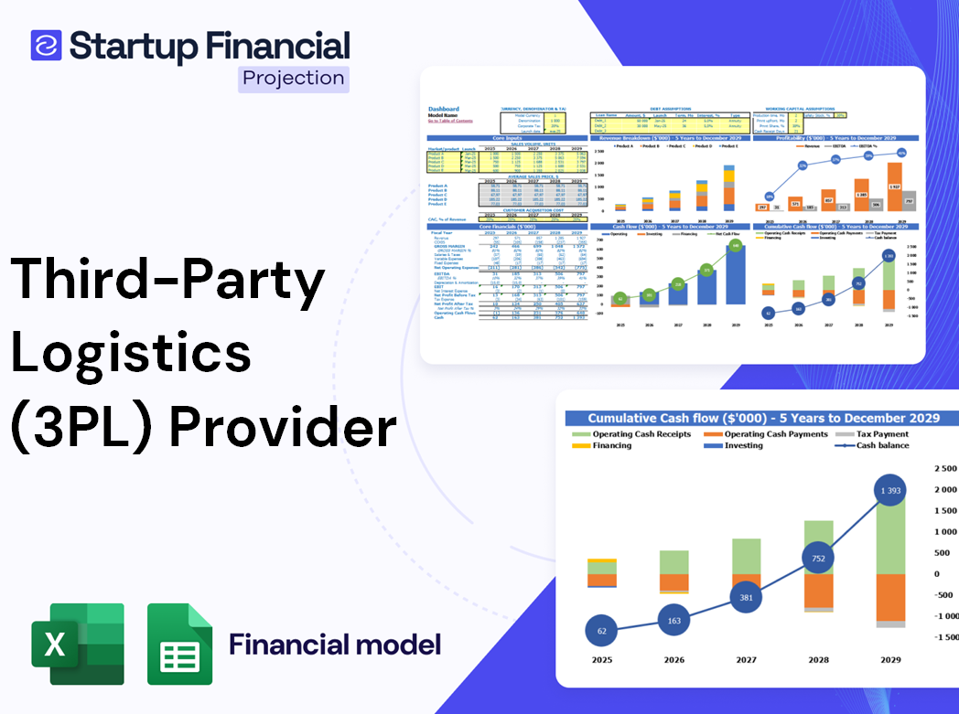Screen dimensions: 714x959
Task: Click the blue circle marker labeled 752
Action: click(817, 559)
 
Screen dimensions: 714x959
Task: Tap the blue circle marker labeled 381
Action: click(746, 597)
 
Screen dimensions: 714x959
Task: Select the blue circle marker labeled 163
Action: click(674, 621)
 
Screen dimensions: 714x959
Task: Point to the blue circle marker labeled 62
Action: click(601, 631)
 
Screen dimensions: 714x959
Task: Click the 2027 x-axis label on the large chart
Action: click(746, 660)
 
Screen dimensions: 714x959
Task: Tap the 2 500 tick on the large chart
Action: click(944, 468)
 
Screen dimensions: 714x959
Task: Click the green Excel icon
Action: click(77, 644)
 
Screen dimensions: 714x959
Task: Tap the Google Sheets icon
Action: click(179, 645)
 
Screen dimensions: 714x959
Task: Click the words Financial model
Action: click(335, 645)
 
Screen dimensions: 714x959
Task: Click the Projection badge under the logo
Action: click(294, 78)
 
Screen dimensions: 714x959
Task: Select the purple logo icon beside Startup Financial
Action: click(46, 45)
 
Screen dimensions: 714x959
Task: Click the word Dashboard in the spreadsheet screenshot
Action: click(444, 109)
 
